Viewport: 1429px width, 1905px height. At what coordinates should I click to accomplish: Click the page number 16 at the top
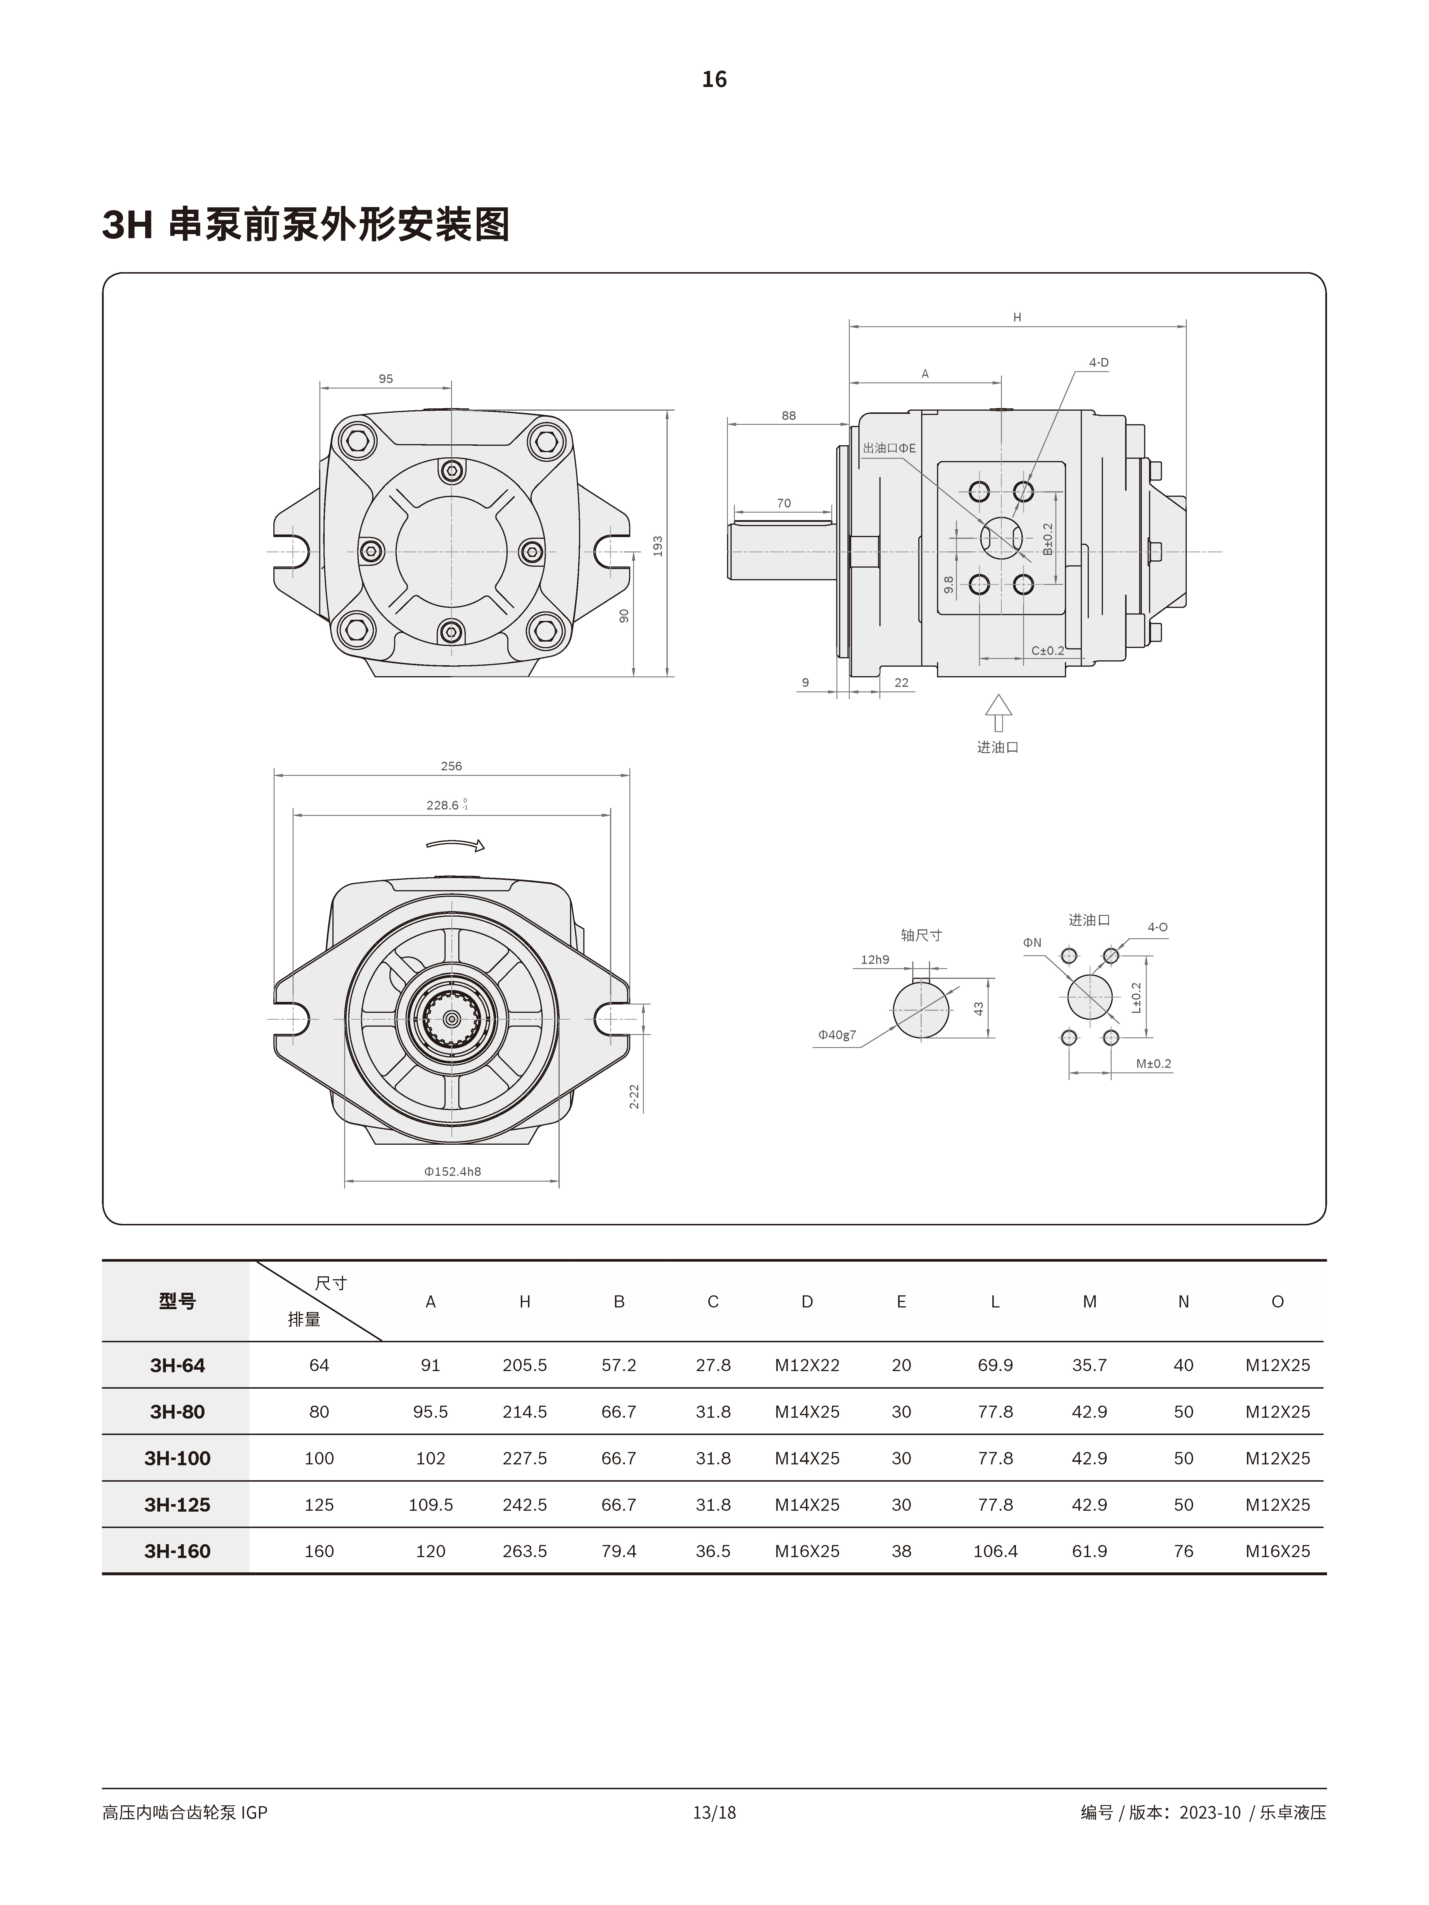(714, 79)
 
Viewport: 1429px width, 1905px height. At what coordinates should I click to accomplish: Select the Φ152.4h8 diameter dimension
(452, 1171)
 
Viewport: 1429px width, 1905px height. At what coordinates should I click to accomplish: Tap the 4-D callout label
(1098, 363)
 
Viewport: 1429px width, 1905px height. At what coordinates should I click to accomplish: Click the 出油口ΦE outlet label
(889, 448)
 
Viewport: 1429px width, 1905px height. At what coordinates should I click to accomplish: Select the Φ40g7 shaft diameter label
(836, 1034)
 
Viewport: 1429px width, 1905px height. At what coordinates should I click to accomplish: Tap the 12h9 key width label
(874, 959)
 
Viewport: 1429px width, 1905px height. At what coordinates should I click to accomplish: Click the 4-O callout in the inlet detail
(1157, 928)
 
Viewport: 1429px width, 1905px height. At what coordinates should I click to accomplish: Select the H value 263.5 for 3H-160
(525, 1551)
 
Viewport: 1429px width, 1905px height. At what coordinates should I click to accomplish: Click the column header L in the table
(995, 1301)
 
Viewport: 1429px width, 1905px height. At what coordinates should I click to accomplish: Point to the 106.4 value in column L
(995, 1551)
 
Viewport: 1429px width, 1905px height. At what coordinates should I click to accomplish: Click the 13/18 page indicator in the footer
(714, 1812)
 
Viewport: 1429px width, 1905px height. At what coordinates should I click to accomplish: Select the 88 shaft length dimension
(788, 415)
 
